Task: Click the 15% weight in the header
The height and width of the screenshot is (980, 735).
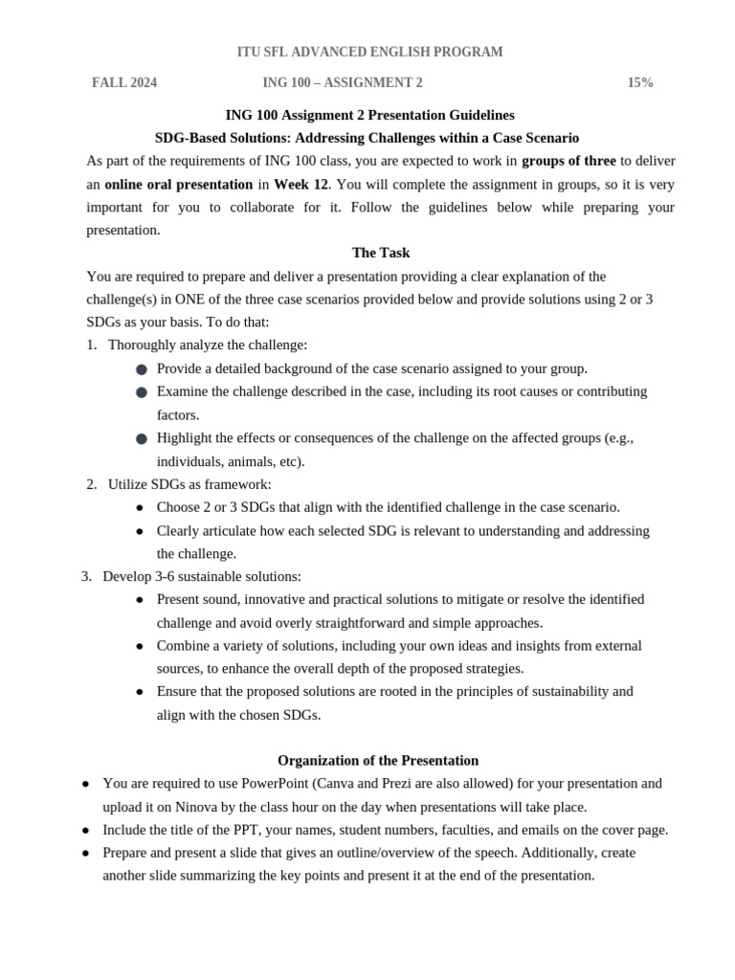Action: [640, 83]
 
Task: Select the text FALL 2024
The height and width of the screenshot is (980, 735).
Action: [124, 83]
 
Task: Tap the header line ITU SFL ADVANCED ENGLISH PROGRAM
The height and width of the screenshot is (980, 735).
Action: [369, 52]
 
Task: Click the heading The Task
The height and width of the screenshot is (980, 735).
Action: [381, 253]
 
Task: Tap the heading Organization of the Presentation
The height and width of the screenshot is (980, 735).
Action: [378, 761]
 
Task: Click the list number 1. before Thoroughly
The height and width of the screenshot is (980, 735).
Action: [92, 345]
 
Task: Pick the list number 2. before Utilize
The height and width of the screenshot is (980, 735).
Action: [92, 484]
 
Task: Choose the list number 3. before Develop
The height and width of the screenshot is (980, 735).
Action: [86, 576]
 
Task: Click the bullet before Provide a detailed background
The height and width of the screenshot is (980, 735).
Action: [142, 369]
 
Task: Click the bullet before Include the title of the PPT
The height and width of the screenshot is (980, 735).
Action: [86, 831]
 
